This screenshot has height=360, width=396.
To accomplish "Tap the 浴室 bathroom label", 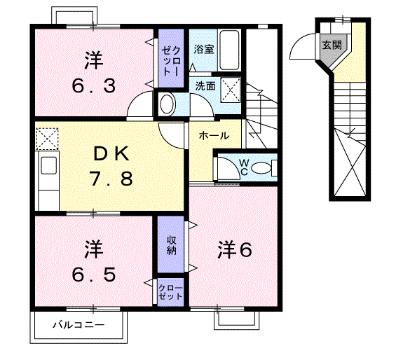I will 203,50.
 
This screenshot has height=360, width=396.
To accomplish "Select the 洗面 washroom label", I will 205,87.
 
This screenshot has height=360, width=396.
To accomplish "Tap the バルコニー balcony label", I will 79,326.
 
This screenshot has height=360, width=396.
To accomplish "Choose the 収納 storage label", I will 171,245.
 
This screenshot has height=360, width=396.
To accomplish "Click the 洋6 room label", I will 233,249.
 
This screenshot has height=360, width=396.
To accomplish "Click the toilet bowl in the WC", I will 260,167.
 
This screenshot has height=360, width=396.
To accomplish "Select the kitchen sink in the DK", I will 48,167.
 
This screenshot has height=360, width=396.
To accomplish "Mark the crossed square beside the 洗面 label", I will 229,88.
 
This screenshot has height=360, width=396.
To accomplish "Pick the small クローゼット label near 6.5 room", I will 171,292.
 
